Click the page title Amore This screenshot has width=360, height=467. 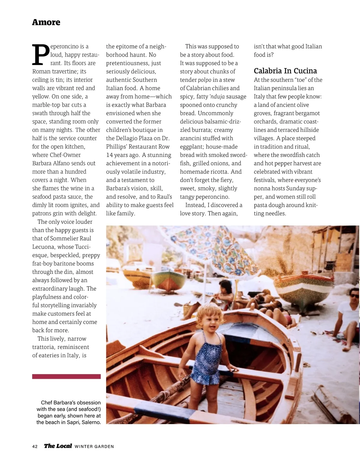pyautogui.click(x=46, y=22)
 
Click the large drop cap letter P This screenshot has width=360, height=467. pyautogui.click(x=40, y=55)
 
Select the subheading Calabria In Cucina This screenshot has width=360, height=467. pyautogui.click(x=285, y=71)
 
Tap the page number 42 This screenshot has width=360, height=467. pyautogui.click(x=35, y=446)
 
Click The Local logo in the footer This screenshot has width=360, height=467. pyautogui.click(x=58, y=446)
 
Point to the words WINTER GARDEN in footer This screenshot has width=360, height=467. pyautogui.click(x=94, y=447)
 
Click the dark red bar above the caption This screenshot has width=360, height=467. pyautogui.click(x=66, y=376)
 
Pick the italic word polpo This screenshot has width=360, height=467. pyautogui.click(x=204, y=80)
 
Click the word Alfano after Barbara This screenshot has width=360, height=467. pyautogui.click(x=61, y=163)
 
